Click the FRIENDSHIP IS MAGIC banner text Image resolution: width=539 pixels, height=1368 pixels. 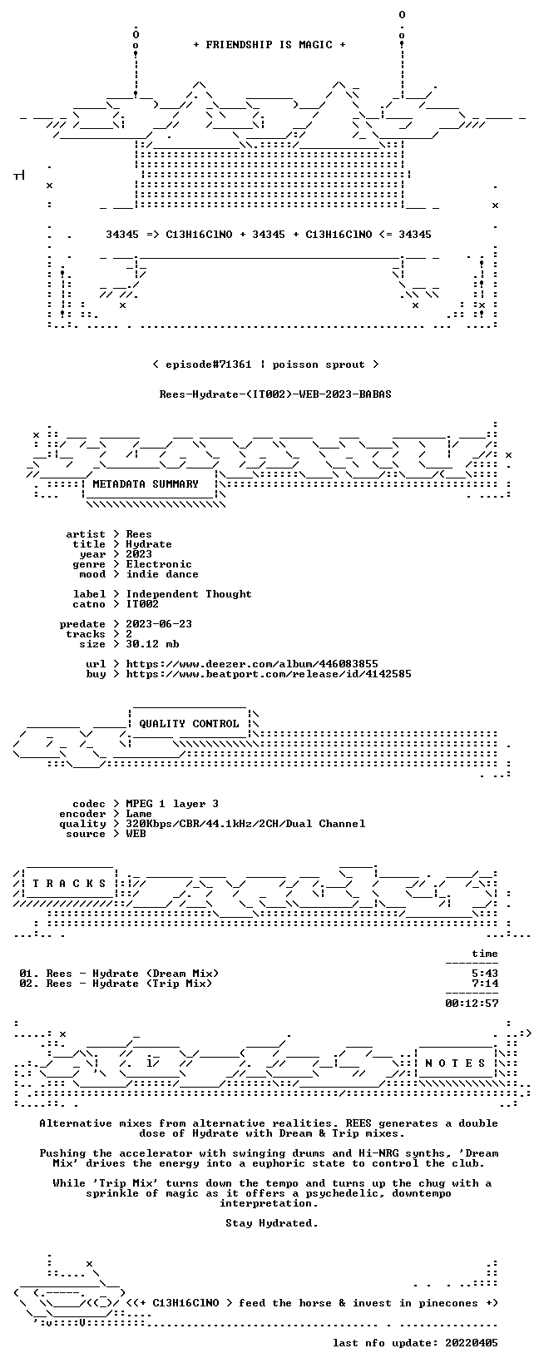pyautogui.click(x=269, y=45)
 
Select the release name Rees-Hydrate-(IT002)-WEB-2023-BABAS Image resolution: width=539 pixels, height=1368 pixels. pyautogui.click(x=275, y=394)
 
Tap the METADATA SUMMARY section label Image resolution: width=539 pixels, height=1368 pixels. pyautogui.click(x=146, y=484)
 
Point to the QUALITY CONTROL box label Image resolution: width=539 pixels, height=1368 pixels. pyautogui.click(x=189, y=724)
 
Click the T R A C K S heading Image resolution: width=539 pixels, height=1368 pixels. pyautogui.click(x=69, y=883)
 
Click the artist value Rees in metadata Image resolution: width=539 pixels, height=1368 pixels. pyautogui.click(x=139, y=534)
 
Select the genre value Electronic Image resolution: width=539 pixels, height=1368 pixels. pyautogui.click(x=159, y=564)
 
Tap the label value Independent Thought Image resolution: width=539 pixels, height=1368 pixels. pyautogui.click(x=189, y=594)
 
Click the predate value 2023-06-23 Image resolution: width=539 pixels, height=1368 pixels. pyautogui.click(x=159, y=624)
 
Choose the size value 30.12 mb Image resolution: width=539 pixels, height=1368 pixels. pyautogui.click(x=152, y=644)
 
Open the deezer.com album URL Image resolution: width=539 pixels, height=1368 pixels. pyautogui.click(x=252, y=664)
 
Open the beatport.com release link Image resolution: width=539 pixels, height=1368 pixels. pyautogui.click(x=269, y=674)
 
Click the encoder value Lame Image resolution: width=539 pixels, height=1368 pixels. pyautogui.click(x=139, y=814)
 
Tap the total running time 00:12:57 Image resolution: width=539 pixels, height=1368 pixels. pyautogui.click(x=472, y=1004)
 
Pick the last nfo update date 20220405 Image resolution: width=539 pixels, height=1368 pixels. pyautogui.click(x=472, y=1343)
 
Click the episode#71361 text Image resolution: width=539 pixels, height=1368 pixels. pyautogui.click(x=209, y=364)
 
